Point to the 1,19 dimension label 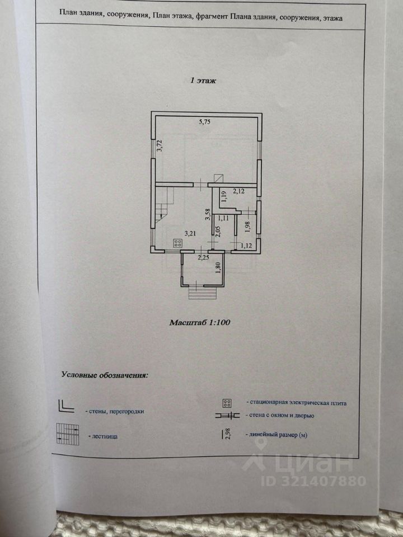[x=223, y=196]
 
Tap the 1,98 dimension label [x=247, y=226]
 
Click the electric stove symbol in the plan [x=178, y=243]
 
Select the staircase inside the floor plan [x=163, y=208]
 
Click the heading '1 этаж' [x=203, y=81]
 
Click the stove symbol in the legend [x=227, y=403]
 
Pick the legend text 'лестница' [x=103, y=435]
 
